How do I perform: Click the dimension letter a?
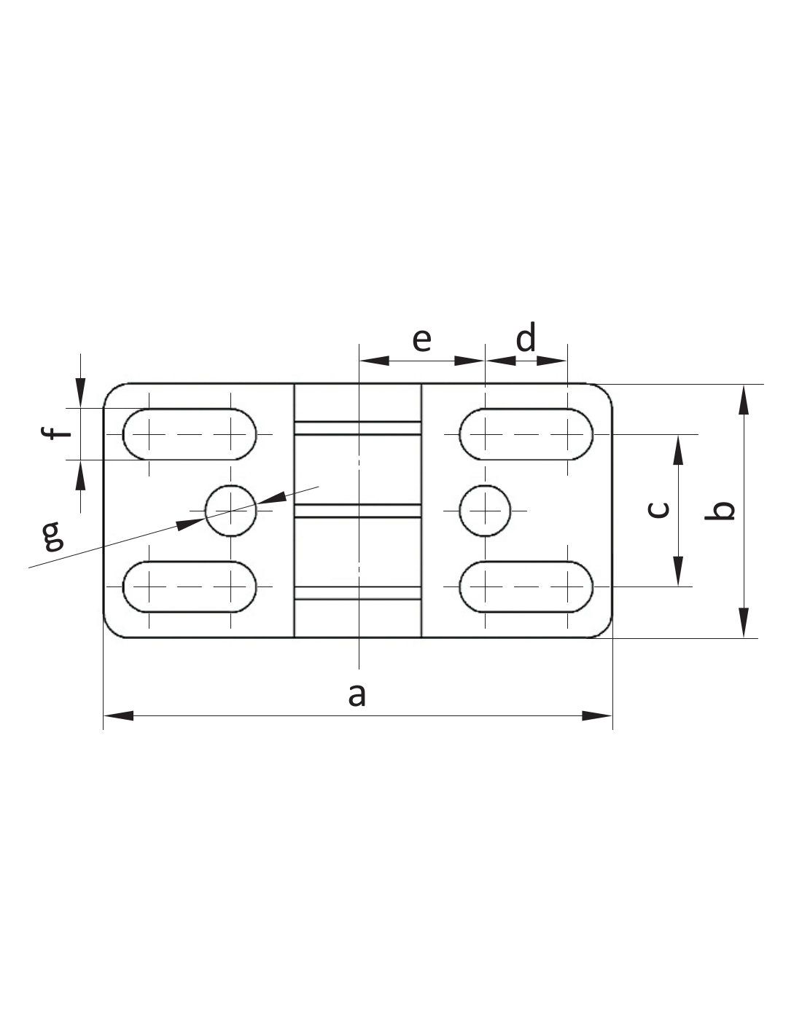[x=357, y=695]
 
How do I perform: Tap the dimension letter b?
[x=720, y=511]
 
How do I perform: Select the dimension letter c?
[x=658, y=509]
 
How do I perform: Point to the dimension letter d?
[x=526, y=338]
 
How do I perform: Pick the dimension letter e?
[x=421, y=339]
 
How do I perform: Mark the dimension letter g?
[x=52, y=535]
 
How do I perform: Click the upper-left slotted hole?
[x=190, y=434]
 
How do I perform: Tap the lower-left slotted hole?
[x=190, y=586]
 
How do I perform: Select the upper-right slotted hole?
[x=526, y=434]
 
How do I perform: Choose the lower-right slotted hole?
[x=526, y=586]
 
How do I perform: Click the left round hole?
[x=230, y=511]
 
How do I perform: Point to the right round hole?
[x=485, y=511]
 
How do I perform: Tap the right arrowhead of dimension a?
[x=598, y=716]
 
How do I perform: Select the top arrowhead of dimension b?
[x=743, y=399]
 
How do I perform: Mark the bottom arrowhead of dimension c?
[x=678, y=571]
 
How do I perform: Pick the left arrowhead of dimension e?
[x=373, y=360]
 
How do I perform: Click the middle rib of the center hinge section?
[x=357, y=511]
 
